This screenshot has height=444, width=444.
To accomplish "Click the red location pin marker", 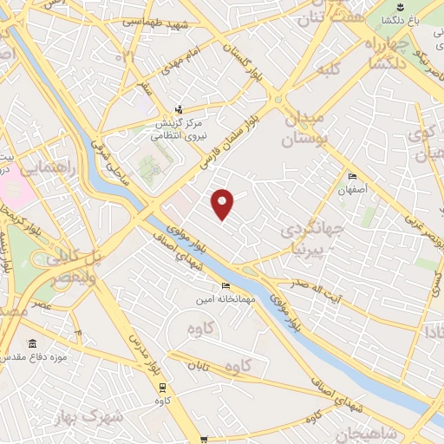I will click(x=223, y=204).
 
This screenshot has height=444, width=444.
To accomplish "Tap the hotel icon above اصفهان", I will click(x=352, y=176).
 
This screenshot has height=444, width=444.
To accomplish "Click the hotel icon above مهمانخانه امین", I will click(x=226, y=287).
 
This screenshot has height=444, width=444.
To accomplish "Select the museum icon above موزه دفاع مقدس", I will click(x=33, y=343).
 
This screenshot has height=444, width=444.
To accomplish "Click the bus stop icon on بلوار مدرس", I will click(x=164, y=388).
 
